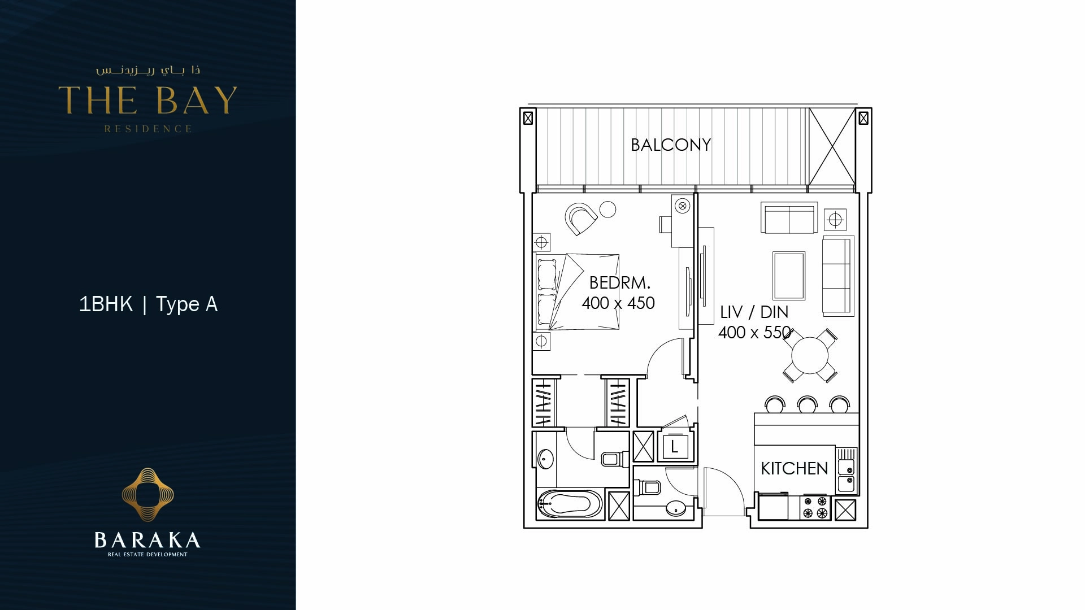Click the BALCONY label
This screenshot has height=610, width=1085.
click(x=670, y=145)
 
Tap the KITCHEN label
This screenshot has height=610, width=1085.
click(x=793, y=468)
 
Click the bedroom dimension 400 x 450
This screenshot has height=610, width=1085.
click(x=618, y=303)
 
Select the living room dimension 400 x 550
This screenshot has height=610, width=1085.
click(x=754, y=333)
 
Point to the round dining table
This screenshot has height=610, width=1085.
click(x=809, y=355)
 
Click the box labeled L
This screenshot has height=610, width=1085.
click(x=674, y=447)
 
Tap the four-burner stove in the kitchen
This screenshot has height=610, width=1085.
click(x=815, y=507)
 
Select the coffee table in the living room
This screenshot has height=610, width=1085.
click(x=788, y=276)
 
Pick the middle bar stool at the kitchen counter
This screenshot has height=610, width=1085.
click(x=807, y=405)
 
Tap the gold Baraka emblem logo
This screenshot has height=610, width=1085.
click(x=147, y=494)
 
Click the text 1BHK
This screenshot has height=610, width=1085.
click(x=106, y=304)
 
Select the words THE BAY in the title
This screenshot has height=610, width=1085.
click(x=147, y=101)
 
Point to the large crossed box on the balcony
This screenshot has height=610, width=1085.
click(x=832, y=146)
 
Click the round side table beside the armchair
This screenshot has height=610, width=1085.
click(x=607, y=209)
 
